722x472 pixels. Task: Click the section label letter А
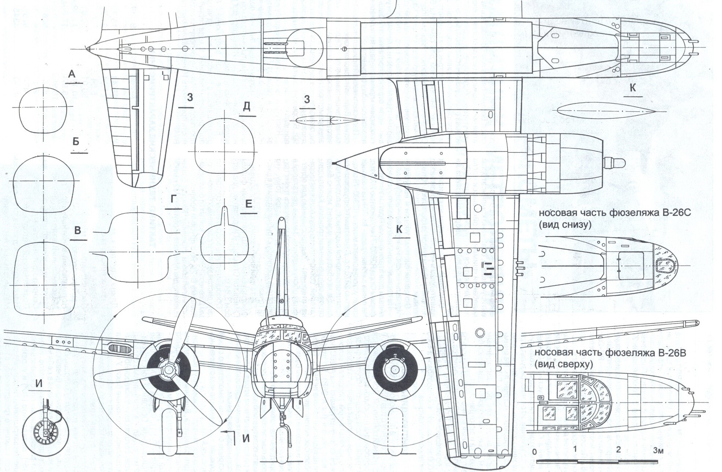[x=72, y=74]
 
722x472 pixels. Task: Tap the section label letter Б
[x=76, y=142]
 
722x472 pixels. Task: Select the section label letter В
[x=77, y=231]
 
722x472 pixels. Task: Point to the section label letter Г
[x=174, y=199]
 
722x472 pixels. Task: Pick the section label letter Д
[x=247, y=107]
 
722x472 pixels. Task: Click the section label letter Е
[x=248, y=204]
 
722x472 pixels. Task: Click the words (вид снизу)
[x=565, y=225]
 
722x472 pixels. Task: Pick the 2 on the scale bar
[x=618, y=450]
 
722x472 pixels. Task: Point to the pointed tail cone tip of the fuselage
[x=88, y=48]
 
